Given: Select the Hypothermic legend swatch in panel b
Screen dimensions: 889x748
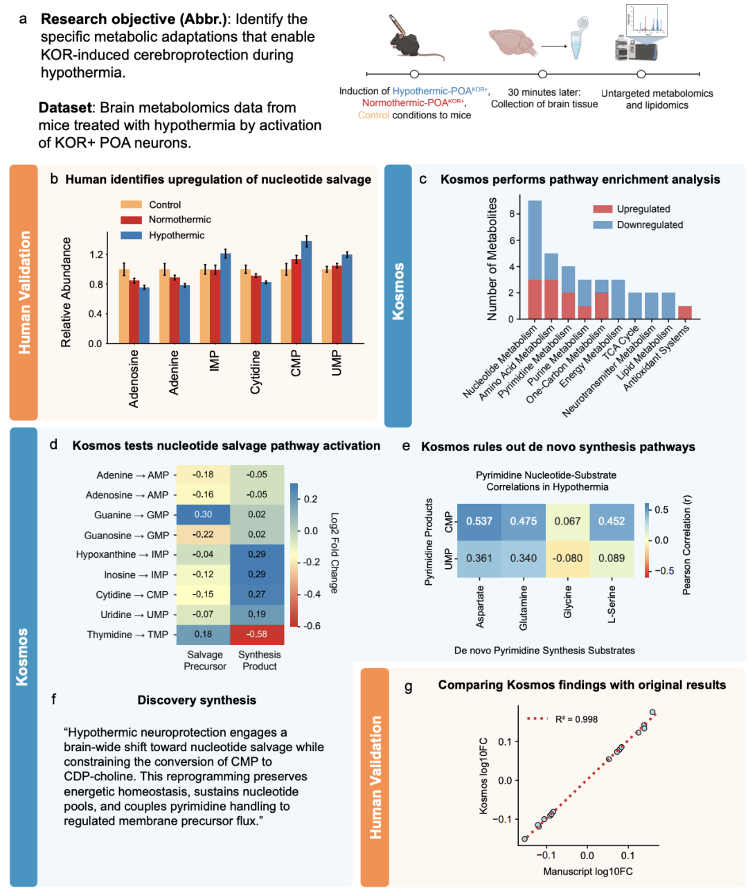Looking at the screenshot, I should tap(131, 236).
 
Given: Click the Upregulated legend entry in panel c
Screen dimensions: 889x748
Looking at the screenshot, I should tap(631, 209).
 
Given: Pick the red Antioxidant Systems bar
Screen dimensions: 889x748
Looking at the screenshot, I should tap(684, 313).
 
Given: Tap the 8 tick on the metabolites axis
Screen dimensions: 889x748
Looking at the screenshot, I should tap(511, 214).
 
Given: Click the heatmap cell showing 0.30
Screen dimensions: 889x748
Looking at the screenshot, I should tap(203, 515).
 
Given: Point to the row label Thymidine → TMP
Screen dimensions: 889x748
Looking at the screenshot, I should tap(127, 635).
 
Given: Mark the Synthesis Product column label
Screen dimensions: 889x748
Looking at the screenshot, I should tap(260, 660).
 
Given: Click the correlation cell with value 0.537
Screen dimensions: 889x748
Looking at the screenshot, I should tap(479, 522).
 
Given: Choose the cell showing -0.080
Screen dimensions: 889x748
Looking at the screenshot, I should tap(567, 558).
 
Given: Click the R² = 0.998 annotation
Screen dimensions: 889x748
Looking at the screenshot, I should tap(576, 719).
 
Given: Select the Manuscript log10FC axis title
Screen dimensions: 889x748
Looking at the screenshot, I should tap(587, 871).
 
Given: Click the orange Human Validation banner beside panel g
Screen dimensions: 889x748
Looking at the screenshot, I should tap(375, 777).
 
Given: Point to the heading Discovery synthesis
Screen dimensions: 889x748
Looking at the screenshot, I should tap(197, 701).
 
